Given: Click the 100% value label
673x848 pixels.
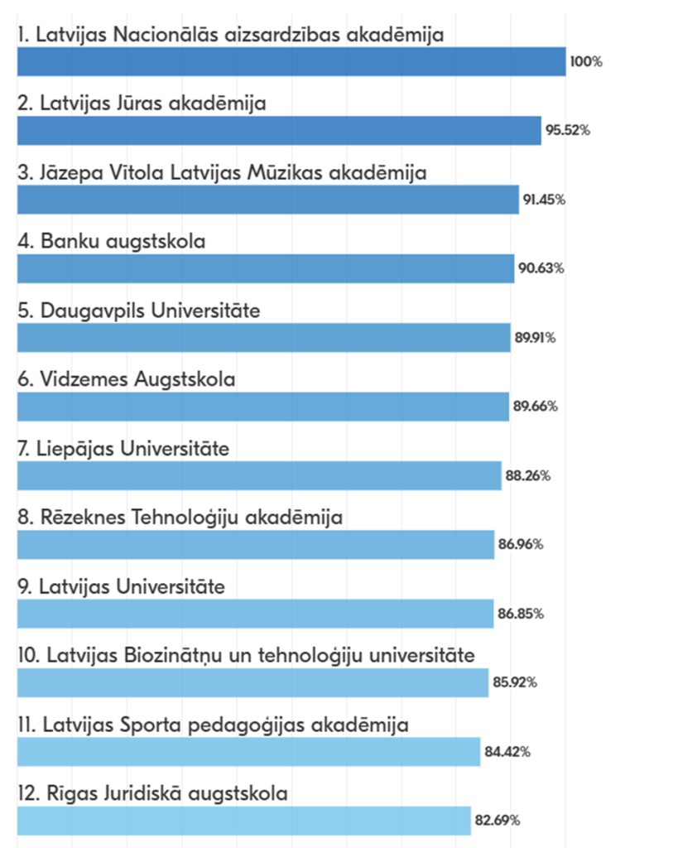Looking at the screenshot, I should click(585, 61).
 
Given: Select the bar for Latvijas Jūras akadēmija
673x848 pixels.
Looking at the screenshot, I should click(279, 131).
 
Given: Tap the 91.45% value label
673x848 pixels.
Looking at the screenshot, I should click(544, 200).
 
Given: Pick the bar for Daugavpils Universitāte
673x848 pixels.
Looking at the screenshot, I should click(263, 338).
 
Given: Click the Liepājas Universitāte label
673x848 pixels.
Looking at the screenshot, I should click(123, 449).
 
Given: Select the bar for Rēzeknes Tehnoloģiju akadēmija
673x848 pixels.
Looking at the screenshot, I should click(255, 545).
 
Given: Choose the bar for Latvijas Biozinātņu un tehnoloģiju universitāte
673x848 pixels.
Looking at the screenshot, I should click(252, 683).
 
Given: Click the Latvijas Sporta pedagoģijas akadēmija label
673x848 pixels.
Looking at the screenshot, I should click(213, 725).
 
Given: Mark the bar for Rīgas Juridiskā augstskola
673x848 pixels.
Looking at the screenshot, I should click(243, 821).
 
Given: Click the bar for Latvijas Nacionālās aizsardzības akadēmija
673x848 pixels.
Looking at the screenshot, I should click(291, 61).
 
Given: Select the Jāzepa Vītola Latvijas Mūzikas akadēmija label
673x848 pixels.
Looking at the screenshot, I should click(222, 172).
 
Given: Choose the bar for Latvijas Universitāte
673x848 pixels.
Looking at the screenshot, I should click(255, 614).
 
